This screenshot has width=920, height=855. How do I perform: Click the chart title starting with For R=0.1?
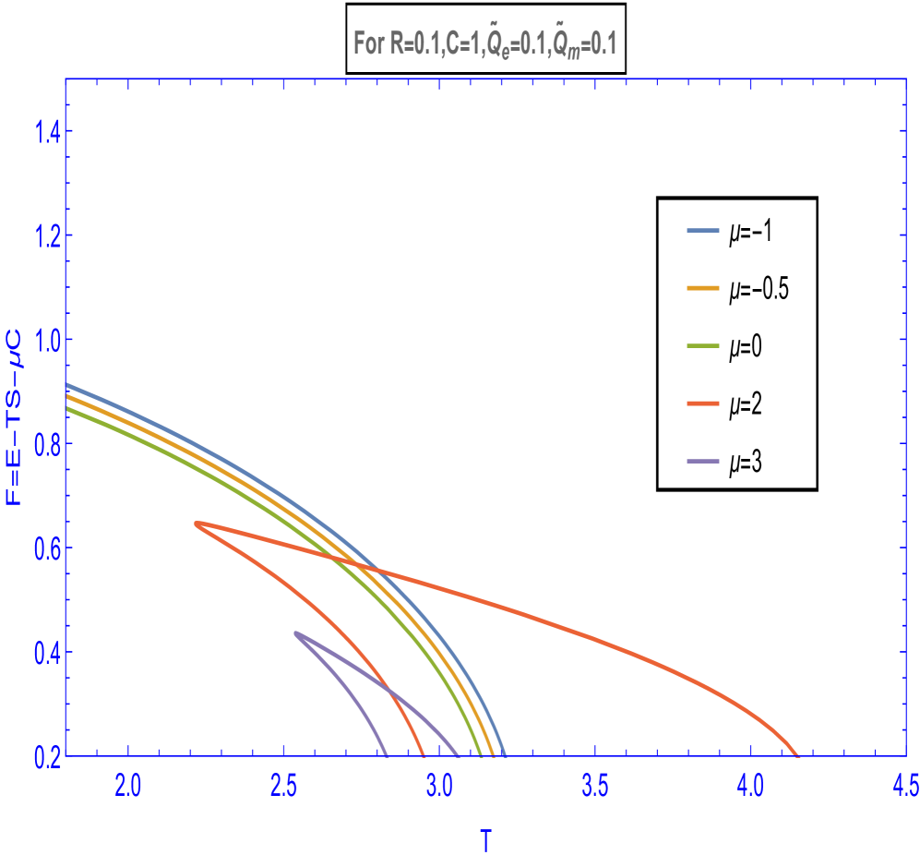tap(484, 43)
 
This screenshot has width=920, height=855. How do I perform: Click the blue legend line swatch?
tap(702, 231)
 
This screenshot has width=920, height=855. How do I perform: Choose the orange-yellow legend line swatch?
tap(702, 288)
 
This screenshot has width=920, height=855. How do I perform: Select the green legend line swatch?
tap(702, 346)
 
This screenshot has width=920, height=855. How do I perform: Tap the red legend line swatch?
tap(702, 403)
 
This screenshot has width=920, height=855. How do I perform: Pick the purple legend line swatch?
tap(702, 461)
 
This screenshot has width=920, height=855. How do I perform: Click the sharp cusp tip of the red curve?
tap(197, 524)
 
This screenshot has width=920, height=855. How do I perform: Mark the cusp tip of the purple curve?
tap(296, 633)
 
